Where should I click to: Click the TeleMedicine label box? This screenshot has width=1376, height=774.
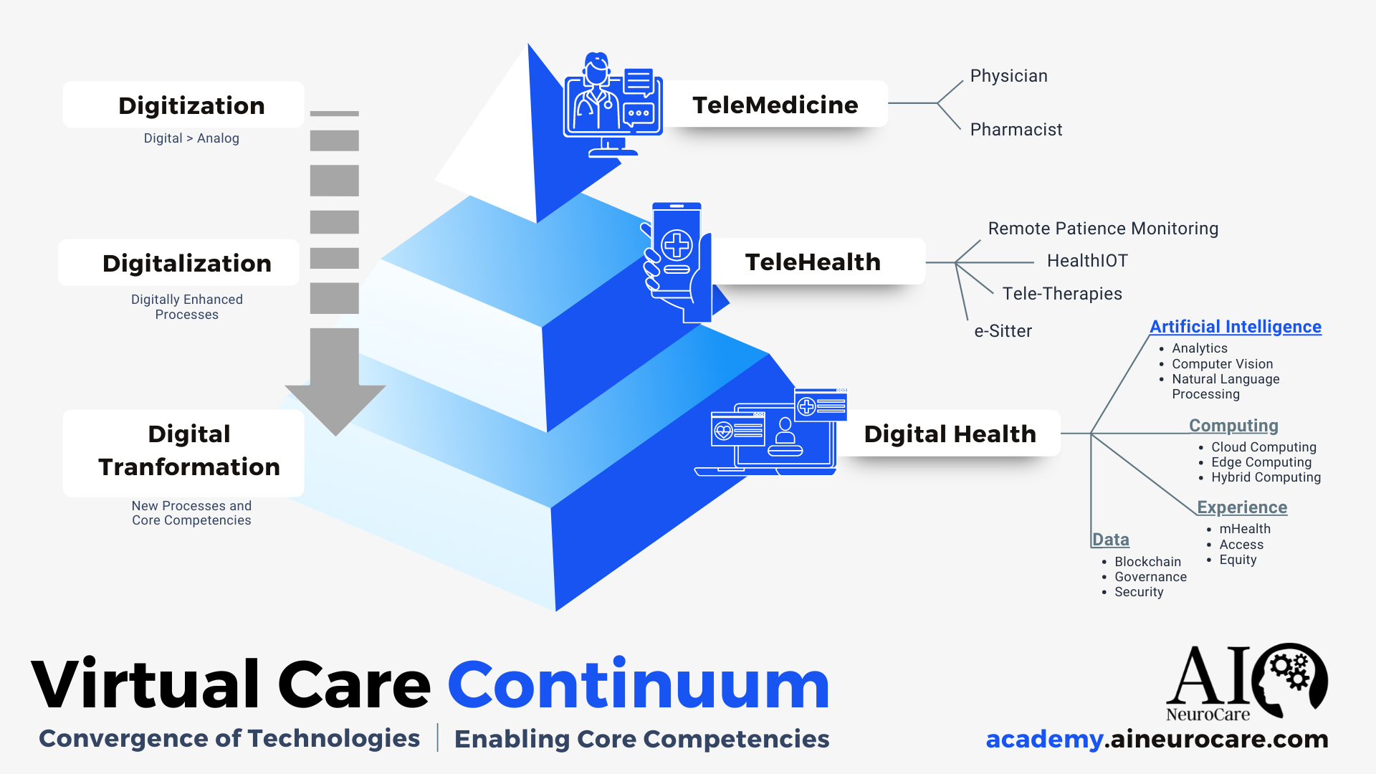tap(775, 105)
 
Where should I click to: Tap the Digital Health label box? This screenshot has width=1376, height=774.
tap(950, 434)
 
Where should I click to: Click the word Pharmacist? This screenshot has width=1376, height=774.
tap(1016, 130)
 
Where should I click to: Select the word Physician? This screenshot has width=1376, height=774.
tap(1009, 76)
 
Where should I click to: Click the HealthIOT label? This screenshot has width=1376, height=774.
tap(1087, 261)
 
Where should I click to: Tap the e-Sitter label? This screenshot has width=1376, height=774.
tap(1003, 331)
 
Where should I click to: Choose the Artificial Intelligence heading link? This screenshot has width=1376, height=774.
tap(1236, 327)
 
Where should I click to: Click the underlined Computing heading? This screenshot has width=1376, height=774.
tap(1233, 426)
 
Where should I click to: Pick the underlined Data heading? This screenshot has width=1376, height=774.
tap(1111, 540)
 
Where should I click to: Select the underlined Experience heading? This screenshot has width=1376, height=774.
tap(1242, 507)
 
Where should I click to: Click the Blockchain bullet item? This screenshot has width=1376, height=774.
tap(1147, 562)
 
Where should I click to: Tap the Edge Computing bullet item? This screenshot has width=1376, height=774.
tap(1261, 462)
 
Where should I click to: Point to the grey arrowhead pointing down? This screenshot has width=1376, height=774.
tap(335, 408)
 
